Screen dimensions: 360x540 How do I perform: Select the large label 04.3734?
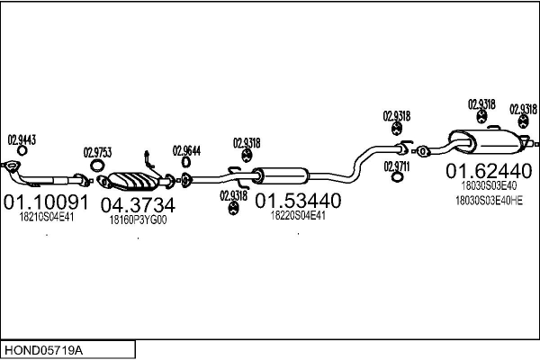tap(137, 205)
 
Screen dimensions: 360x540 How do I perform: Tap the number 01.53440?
tap(299, 199)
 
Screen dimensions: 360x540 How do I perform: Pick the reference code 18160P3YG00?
tap(138, 220)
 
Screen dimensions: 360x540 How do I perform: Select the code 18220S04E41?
tap(298, 215)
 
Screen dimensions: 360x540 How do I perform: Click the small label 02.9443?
tap(22, 139)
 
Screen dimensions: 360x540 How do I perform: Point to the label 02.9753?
tap(97, 152)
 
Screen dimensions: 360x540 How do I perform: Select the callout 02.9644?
tap(186, 150)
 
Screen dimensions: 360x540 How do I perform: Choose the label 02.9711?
tap(397, 166)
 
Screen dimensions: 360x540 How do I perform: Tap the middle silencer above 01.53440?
tap(280, 175)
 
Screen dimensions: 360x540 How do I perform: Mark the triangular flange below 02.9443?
tap(13, 166)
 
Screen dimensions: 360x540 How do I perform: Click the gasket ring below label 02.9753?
tap(96, 166)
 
